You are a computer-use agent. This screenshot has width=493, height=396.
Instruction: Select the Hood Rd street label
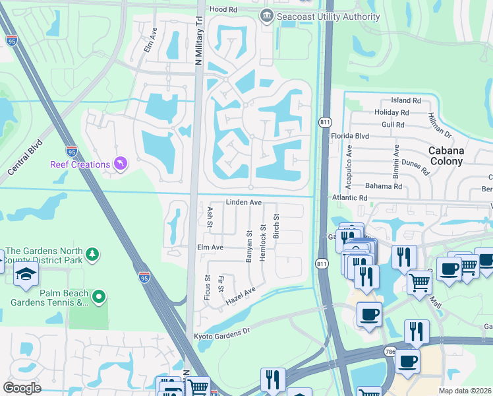pyautogui.click(x=223, y=10)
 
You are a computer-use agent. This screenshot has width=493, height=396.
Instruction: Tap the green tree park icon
pyautogui.click(x=93, y=253)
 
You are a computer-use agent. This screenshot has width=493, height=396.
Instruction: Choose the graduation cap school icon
pyautogui.click(x=26, y=277)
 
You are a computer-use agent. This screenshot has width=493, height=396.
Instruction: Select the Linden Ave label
pyautogui.click(x=245, y=202)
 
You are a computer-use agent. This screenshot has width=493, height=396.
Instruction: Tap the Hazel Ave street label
pyautogui.click(x=241, y=295)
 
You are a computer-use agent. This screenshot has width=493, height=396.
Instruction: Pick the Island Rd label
pyautogui.click(x=405, y=100)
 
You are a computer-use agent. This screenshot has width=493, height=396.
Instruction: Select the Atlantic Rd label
pyautogui.click(x=349, y=197)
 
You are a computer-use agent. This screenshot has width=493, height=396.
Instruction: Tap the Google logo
pyautogui.click(x=22, y=387)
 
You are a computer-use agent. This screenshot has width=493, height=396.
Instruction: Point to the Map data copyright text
pyautogui.click(x=464, y=391)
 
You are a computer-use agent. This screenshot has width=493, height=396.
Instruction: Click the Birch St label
pyautogui.click(x=276, y=226)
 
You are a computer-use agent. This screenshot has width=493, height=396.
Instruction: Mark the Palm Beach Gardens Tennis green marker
pyautogui.click(x=98, y=298)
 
